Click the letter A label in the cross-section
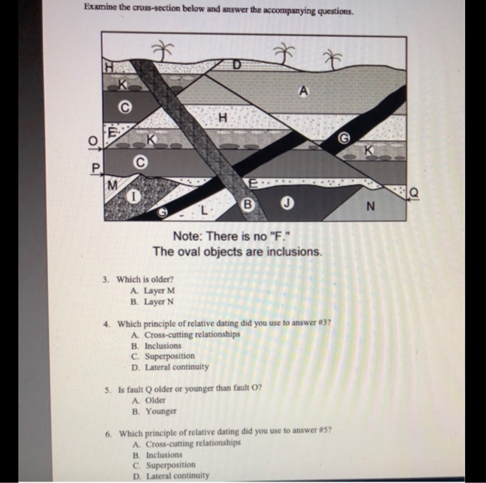(x=303, y=91)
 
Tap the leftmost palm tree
(x=162, y=50)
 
